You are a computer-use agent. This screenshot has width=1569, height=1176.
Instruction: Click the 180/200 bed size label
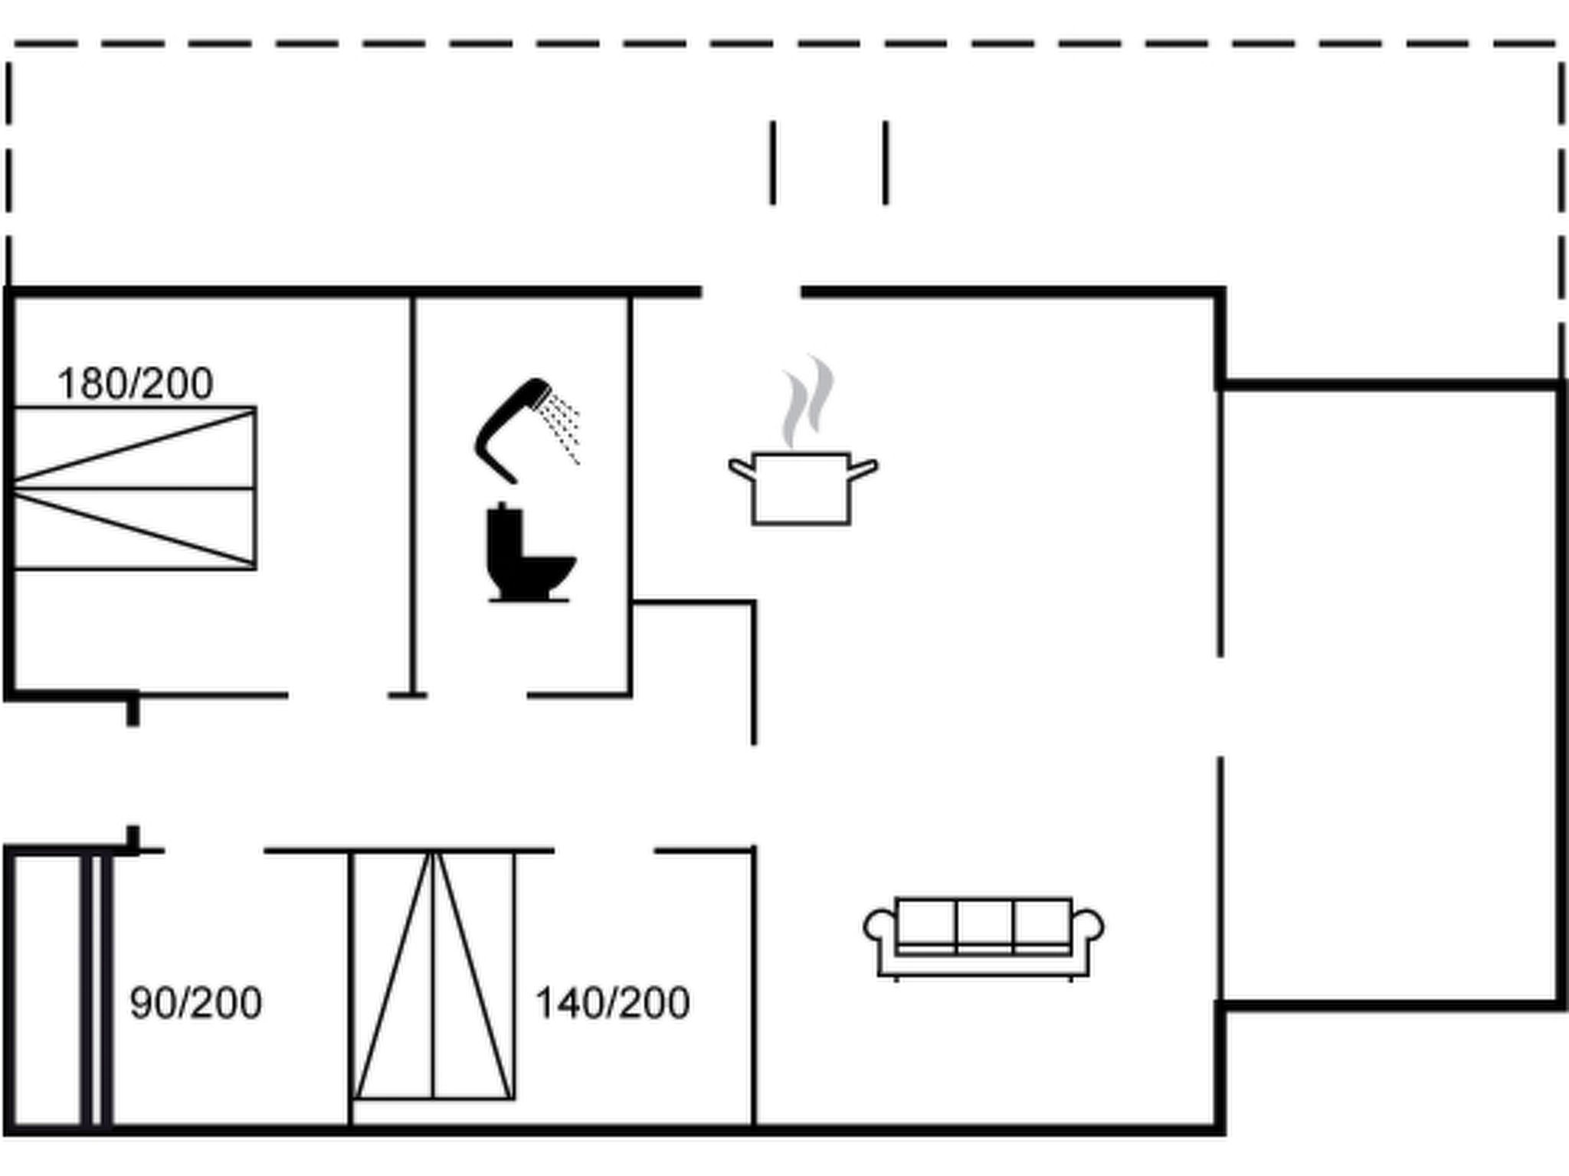tap(135, 384)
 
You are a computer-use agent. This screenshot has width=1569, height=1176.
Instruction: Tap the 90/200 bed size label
tap(196, 1003)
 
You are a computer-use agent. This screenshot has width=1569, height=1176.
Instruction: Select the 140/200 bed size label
tap(612, 1003)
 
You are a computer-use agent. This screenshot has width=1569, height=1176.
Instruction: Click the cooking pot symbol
tap(801, 488)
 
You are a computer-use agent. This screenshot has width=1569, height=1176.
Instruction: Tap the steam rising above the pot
tap(807, 401)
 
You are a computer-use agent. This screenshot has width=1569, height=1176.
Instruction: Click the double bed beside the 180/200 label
tap(134, 488)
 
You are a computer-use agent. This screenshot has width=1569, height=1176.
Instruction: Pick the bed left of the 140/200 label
tap(433, 976)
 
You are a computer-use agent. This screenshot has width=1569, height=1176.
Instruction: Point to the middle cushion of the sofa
tap(984, 925)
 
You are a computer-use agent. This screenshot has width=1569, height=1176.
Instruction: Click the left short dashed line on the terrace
tap(773, 162)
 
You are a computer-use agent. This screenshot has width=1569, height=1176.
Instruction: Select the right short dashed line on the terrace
tap(886, 162)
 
